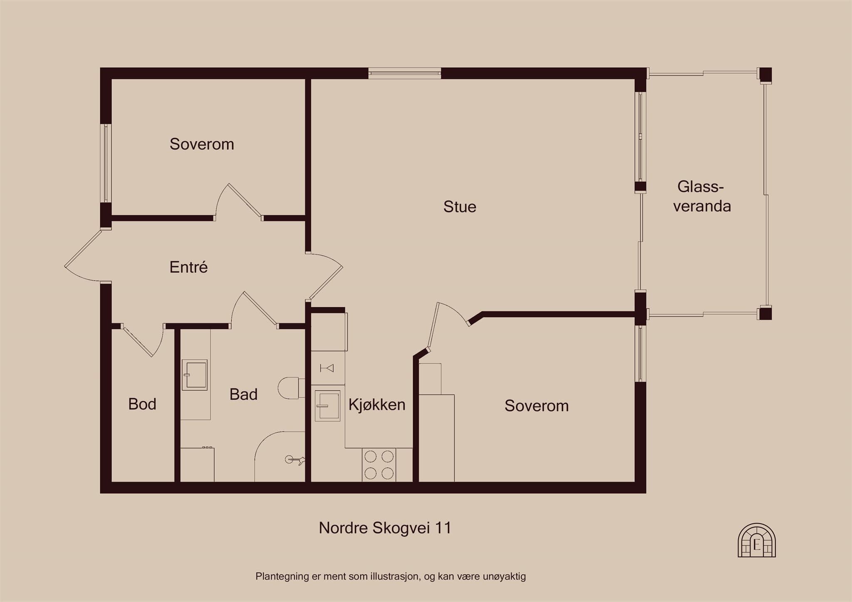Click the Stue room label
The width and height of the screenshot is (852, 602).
point(460,207)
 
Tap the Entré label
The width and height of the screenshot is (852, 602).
point(188,267)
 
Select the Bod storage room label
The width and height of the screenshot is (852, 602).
point(142,404)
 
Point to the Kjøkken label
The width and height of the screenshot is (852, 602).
point(377,405)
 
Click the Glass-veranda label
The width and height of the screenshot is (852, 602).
point(702,196)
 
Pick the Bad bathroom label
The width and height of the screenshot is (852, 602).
point(243,394)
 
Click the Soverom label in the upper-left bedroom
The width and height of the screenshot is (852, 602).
point(202,144)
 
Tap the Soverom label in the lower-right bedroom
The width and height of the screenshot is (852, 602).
point(537,406)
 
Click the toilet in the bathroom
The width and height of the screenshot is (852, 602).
point(291,388)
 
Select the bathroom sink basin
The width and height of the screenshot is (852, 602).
point(195,375)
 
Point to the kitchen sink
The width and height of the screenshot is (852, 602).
point(327,406)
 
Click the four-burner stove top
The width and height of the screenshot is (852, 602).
point(379,465)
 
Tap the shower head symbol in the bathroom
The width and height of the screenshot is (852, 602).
point(295,459)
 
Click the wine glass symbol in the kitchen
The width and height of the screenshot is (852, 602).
point(327,368)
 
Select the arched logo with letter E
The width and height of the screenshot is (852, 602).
point(757,540)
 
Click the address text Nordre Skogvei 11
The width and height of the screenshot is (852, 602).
point(385,528)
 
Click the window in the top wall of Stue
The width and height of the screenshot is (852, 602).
point(404,74)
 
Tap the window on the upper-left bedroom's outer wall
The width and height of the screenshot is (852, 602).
point(106,163)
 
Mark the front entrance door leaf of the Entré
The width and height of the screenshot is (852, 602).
point(83,248)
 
